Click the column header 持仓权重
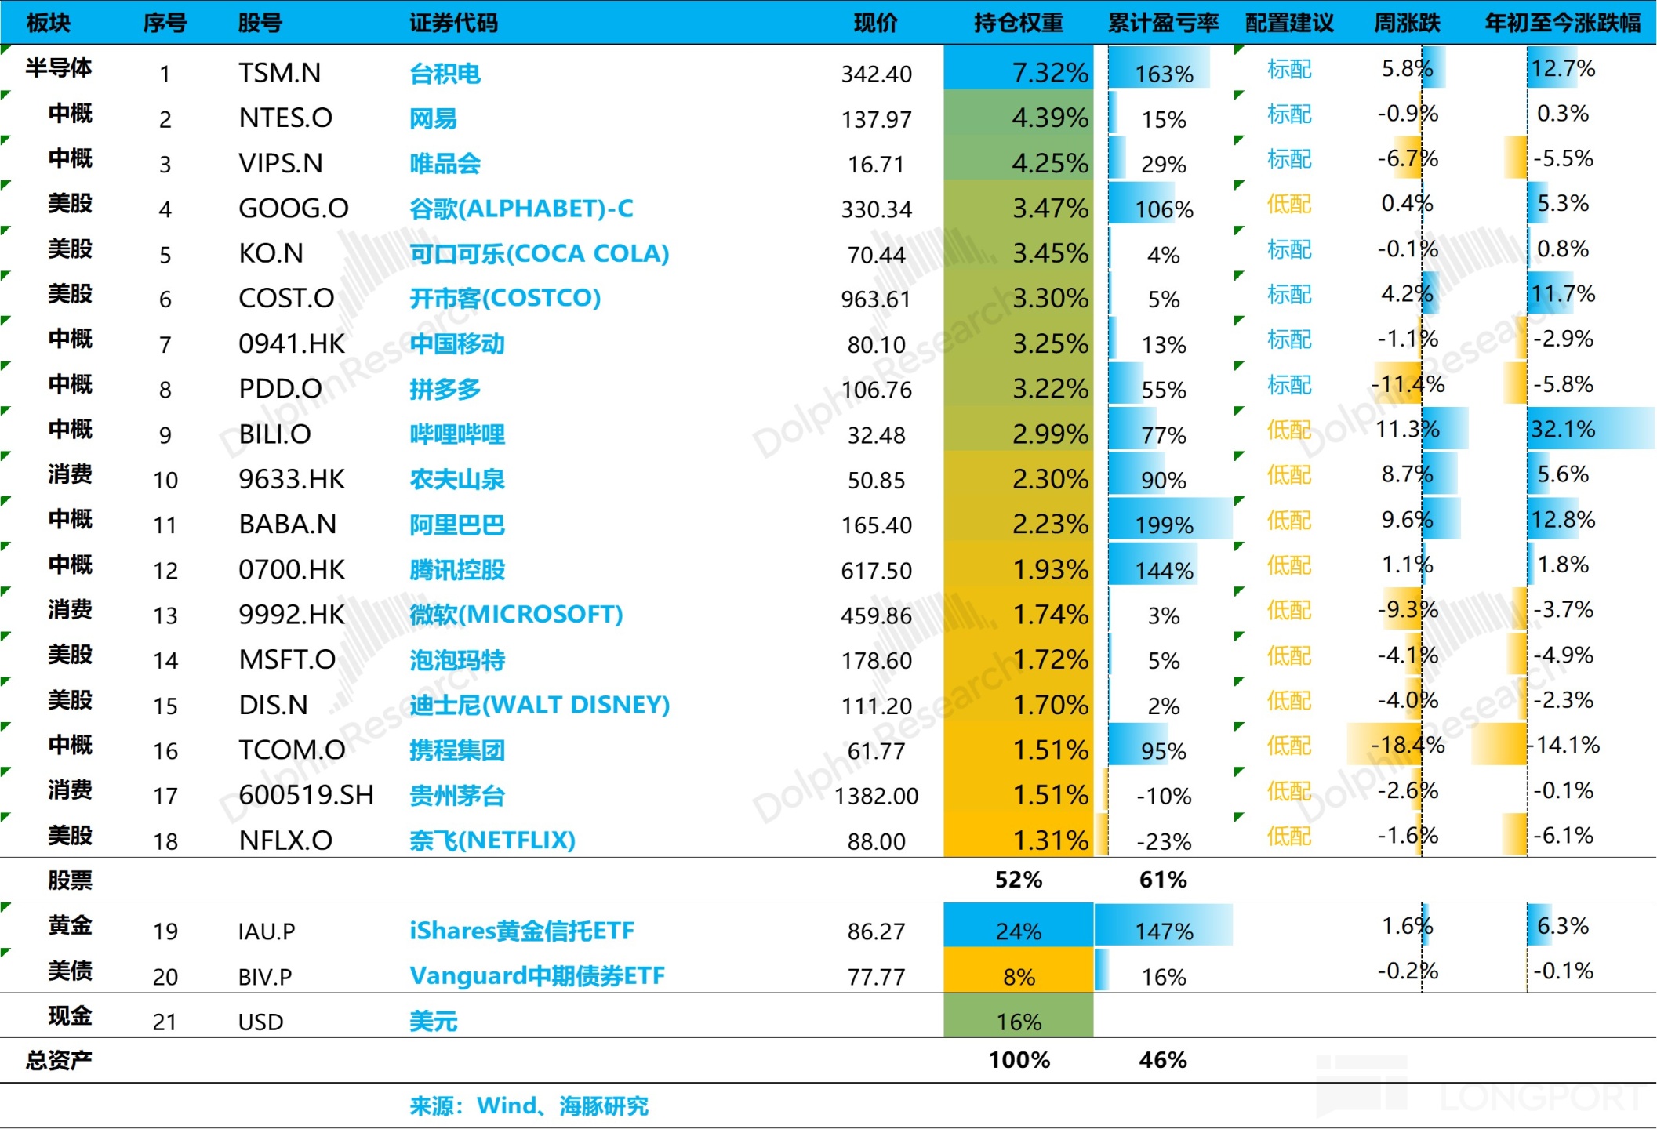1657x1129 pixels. click(x=1018, y=23)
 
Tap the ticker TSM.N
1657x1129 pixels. click(x=279, y=73)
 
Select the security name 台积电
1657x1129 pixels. click(x=445, y=74)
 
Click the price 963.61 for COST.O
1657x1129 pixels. click(x=876, y=299)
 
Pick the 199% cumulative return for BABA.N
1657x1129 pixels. click(x=1164, y=525)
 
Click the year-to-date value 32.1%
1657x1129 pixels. click(x=1563, y=429)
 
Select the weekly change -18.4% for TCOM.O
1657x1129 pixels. click(x=1407, y=745)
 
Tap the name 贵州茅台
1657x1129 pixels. click(x=456, y=796)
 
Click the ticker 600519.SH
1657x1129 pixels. click(x=306, y=795)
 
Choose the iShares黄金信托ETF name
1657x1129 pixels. click(x=521, y=931)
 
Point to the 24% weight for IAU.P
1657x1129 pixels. click(x=1018, y=931)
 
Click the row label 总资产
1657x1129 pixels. click(x=59, y=1060)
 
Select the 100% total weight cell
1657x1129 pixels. click(x=1019, y=1060)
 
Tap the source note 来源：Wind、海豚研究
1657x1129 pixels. click(x=529, y=1105)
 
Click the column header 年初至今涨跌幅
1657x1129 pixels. click(x=1562, y=23)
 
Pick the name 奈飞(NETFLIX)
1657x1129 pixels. click(x=492, y=840)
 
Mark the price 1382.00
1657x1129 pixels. click(x=876, y=796)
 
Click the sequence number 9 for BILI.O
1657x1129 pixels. click(x=165, y=434)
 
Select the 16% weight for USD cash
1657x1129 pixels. click(x=1018, y=1022)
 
